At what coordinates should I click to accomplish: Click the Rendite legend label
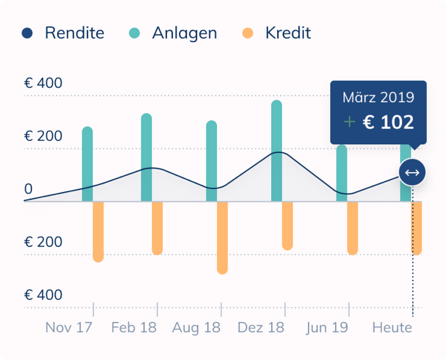[x=74, y=33]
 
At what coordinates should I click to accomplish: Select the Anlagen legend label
[x=184, y=33]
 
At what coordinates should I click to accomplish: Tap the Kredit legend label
[x=288, y=33]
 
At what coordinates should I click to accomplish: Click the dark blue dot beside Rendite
[x=27, y=33]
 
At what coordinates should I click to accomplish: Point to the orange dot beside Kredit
[x=248, y=33]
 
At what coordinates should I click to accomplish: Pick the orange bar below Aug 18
[x=222, y=238]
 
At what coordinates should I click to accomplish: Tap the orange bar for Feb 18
[x=157, y=229]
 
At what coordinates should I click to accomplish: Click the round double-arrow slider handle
[x=412, y=173]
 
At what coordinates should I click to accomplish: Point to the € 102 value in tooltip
[x=388, y=122]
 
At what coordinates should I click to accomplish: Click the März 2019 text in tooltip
[x=378, y=98]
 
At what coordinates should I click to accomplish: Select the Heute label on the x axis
[x=392, y=327]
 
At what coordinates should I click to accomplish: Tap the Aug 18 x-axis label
[x=196, y=327]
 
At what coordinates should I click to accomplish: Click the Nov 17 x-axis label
[x=68, y=327]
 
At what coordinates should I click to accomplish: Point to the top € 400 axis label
[x=43, y=83]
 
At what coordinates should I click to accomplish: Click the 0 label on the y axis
[x=28, y=190]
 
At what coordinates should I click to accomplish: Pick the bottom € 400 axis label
[x=43, y=295]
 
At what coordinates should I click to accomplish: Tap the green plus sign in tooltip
[x=350, y=122]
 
